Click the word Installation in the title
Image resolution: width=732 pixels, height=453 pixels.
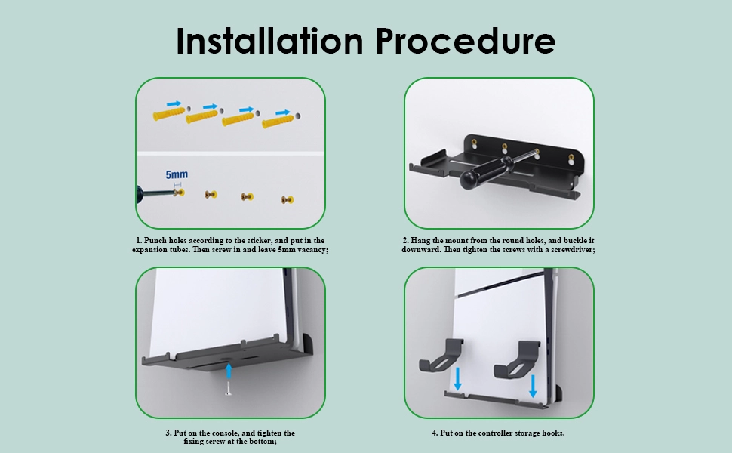[x=270, y=41]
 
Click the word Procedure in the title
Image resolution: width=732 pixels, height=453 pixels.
[x=466, y=41]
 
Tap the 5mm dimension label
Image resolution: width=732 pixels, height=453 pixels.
[x=177, y=174]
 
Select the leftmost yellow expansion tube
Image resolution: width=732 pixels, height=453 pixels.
[x=169, y=114]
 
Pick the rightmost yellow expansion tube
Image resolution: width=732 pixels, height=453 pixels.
[x=278, y=122]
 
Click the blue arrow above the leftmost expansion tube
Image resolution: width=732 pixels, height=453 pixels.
[x=174, y=103]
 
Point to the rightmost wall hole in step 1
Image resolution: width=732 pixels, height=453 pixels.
[x=298, y=116]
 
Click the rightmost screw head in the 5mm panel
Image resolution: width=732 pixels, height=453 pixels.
[x=287, y=200]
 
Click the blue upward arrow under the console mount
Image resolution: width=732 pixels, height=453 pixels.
[x=229, y=371]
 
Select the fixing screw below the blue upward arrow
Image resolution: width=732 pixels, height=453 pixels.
[x=229, y=388]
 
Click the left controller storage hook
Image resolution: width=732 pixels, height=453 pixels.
[x=441, y=356]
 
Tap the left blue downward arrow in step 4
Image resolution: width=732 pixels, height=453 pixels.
[x=458, y=379]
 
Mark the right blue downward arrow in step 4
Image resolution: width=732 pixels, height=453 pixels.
[x=533, y=387]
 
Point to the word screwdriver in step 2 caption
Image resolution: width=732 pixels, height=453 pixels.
[x=574, y=249]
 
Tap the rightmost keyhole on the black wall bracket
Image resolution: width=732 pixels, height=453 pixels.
[x=571, y=159]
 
